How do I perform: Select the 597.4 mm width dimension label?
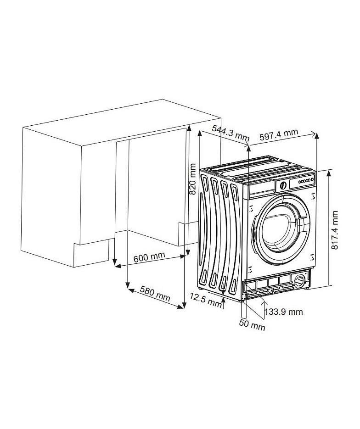(278, 134)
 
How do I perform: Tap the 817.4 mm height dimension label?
(335, 230)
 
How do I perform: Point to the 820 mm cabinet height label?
(193, 179)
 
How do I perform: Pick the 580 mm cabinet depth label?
(155, 293)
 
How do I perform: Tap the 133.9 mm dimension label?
(284, 312)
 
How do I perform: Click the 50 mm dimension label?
(252, 325)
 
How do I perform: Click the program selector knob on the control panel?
(283, 186)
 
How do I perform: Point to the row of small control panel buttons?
(306, 181)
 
